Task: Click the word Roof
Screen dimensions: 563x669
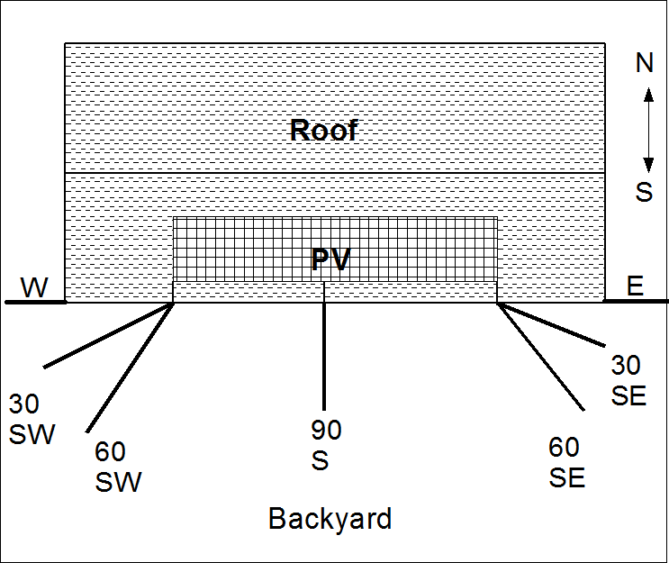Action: pyautogui.click(x=324, y=130)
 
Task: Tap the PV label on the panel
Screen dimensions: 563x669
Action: pyautogui.click(x=330, y=259)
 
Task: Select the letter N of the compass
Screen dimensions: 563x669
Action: pyautogui.click(x=645, y=62)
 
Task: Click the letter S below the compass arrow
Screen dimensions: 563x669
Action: pyautogui.click(x=645, y=192)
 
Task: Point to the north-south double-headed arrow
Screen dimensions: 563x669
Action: pyautogui.click(x=646, y=127)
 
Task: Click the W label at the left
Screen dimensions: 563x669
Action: pyautogui.click(x=35, y=287)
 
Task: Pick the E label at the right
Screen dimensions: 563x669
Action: pyautogui.click(x=635, y=286)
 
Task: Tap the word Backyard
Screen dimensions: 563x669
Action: pyautogui.click(x=330, y=519)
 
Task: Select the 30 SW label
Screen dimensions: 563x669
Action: pyautogui.click(x=32, y=419)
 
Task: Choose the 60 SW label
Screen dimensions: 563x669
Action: pyautogui.click(x=118, y=466)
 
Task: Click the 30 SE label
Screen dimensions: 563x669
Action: pyautogui.click(x=628, y=379)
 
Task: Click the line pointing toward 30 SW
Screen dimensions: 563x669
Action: pyautogui.click(x=108, y=335)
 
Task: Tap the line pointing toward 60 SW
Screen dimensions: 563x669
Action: pyautogui.click(x=131, y=365)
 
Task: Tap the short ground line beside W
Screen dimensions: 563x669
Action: pyautogui.click(x=35, y=303)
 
